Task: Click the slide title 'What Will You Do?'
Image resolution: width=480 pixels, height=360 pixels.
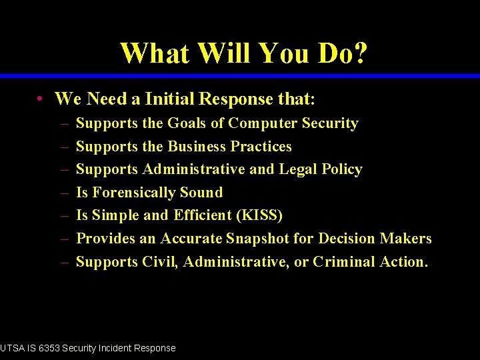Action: pos(243,53)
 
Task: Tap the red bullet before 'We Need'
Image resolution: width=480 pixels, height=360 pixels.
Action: pos(41,100)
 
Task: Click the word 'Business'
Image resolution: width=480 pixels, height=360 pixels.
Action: pos(197,146)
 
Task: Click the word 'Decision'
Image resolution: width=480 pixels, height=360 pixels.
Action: pos(347,239)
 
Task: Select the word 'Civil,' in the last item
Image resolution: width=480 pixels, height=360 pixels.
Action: pos(160,262)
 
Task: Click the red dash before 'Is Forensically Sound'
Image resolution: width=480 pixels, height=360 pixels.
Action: pos(64,193)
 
